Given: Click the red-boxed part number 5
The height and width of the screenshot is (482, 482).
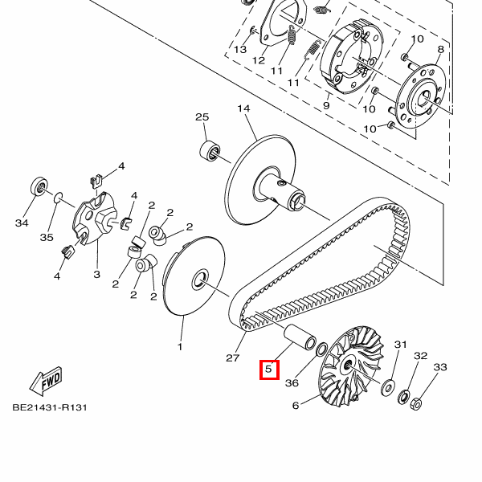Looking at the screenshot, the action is coord(269,370).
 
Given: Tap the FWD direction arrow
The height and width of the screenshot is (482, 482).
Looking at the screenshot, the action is coord(47,381).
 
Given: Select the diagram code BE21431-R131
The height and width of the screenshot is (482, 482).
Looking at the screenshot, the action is coord(50,407).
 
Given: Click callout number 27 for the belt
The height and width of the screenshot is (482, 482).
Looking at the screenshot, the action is coord(232,357).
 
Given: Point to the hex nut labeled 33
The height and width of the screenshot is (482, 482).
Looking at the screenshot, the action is coord(416,403).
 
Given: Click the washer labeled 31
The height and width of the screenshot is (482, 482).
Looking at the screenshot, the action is coord(388,388).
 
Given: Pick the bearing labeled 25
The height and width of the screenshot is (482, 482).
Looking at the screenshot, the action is coord(210,150).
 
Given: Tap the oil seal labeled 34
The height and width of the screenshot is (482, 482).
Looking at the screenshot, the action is coord(39,186).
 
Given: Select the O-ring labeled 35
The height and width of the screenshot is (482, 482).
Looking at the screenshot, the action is coord(59,198).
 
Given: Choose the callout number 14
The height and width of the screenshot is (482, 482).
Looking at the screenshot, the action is coord(243,108).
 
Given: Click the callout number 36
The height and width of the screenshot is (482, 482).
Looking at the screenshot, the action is coord(292,383).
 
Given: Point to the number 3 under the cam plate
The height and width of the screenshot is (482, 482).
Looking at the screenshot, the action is coord(97,274).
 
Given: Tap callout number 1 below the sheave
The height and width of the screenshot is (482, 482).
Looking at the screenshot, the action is coord(180,347).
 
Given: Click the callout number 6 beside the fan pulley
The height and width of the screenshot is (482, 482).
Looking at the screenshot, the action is coord(296,406).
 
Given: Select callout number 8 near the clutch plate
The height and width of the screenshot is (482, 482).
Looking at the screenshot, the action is coord(441,49).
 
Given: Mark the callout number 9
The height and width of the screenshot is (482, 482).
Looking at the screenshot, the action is coord(326,105).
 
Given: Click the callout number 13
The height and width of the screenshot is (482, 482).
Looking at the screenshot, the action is coord(240,50).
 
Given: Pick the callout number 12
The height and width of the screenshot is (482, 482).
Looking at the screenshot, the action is coord(259,60).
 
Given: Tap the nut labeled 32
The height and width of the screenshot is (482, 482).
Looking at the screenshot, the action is coord(403,397).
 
